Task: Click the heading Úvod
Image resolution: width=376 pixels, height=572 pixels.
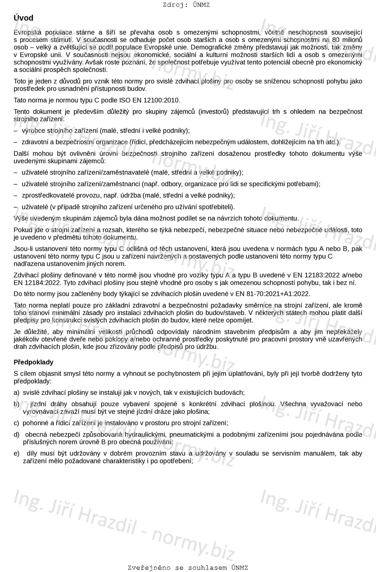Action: pos(23,18)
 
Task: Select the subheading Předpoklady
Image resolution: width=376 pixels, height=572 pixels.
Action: pos(33,362)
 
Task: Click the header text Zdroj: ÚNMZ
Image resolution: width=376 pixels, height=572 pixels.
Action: pos(186,5)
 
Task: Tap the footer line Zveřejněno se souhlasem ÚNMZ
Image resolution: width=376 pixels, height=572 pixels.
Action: pos(188,567)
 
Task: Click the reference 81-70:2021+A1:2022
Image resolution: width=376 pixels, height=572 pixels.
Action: pos(281,294)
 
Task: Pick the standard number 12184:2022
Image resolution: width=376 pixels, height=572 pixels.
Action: pos(43,283)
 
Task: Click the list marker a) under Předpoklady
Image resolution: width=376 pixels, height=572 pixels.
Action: pos(17,393)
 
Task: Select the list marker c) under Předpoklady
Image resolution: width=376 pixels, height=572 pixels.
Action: pos(17,423)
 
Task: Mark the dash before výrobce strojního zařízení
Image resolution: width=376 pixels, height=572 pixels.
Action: pos(16,131)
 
